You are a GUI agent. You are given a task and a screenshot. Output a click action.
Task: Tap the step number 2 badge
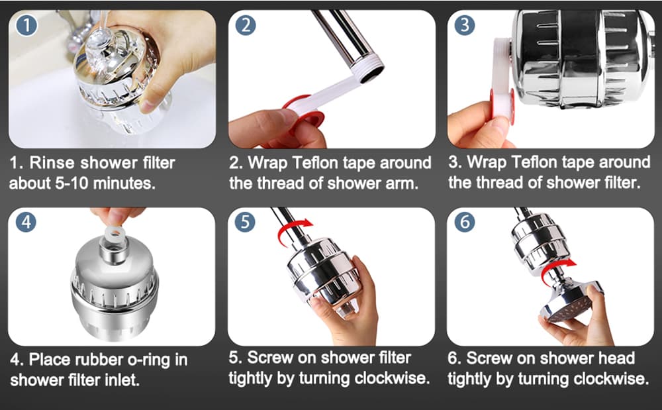pyautogui.click(x=245, y=26)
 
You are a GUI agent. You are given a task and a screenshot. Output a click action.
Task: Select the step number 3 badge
pyautogui.click(x=465, y=26)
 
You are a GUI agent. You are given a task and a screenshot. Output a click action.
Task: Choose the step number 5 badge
pyautogui.click(x=245, y=223)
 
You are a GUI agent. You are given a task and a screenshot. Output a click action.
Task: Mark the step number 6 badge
pyautogui.click(x=465, y=223)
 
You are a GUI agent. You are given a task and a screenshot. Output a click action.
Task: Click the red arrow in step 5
pyautogui.click(x=291, y=231)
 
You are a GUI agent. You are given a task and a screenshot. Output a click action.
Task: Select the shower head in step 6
pyautogui.click(x=570, y=301)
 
